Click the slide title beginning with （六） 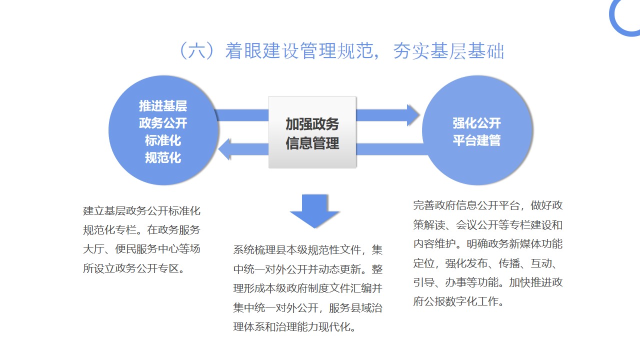coord(342,51)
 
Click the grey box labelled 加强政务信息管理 coord(312,132)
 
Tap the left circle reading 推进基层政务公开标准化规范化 coord(163,130)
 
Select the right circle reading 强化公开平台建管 coord(477,130)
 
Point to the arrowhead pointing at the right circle coord(413,115)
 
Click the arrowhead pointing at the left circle coord(224,149)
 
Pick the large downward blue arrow coord(314,211)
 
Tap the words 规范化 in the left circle coord(163,157)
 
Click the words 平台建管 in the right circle coord(476,140)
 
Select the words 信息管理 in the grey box coord(312,143)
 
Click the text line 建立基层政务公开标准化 coord(141,211)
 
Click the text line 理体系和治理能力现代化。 coord(295,327)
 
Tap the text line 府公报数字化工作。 coord(459,301)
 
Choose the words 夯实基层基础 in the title coord(449,51)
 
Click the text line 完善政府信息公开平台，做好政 coord(487,205)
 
